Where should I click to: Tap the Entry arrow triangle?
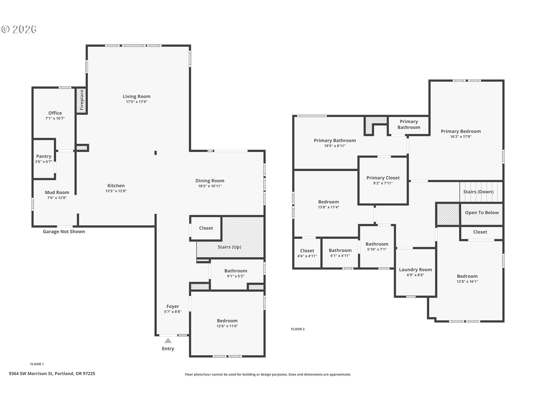coord(168,341)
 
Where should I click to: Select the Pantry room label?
coord(44,156)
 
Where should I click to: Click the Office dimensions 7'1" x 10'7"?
coord(55,118)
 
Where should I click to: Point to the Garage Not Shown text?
coord(64,231)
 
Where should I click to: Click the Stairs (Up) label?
coord(229,247)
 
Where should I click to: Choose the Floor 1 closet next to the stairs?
coord(206,228)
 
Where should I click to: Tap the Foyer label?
coord(173,306)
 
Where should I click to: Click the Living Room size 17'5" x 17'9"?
coord(137,102)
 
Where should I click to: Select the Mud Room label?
coord(57,192)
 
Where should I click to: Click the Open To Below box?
coord(482,213)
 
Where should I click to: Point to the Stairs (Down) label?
coord(478,192)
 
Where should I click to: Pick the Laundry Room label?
coord(415,270)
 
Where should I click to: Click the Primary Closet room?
coord(383,180)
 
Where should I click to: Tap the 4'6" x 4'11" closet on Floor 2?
coord(307,253)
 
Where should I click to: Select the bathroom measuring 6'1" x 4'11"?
coord(340,253)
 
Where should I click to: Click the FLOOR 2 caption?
coord(298,329)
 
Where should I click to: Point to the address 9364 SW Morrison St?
coord(52,374)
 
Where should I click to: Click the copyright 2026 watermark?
coord(19,29)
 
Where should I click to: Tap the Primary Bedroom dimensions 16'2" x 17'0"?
coord(461,137)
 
